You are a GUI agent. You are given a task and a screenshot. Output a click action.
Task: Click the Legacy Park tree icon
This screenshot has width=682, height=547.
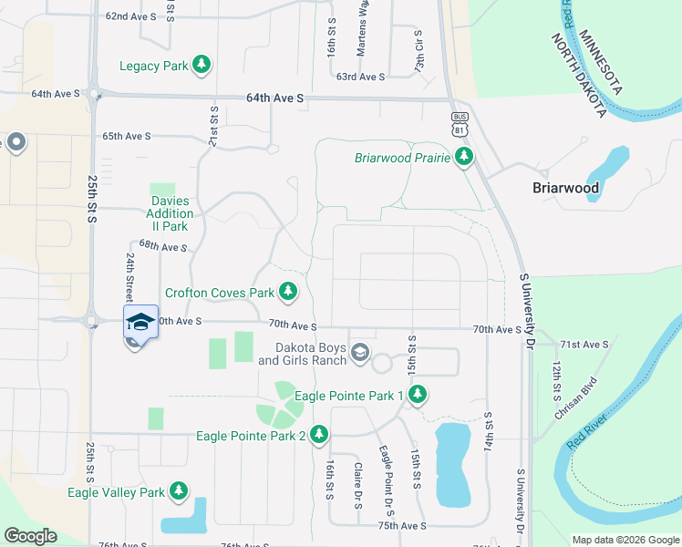click(x=201, y=66)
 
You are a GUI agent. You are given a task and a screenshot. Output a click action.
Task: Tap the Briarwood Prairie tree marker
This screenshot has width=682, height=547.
click(x=464, y=158)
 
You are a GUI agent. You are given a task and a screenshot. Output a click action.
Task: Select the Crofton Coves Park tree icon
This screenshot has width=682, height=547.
click(x=288, y=293)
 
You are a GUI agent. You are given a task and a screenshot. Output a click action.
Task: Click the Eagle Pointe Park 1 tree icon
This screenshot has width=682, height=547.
click(x=418, y=395)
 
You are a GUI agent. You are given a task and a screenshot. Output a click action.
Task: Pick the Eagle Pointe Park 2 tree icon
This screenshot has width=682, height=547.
click(x=319, y=435)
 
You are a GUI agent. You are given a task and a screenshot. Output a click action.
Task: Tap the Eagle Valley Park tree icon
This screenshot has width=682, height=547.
click(x=179, y=492)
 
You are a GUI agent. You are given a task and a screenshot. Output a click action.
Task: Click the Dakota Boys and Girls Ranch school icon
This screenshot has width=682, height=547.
click(x=360, y=353)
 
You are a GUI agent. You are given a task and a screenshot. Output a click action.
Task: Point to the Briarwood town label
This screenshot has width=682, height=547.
click(x=565, y=189)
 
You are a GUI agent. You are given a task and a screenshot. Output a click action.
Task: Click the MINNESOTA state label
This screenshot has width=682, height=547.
click(x=599, y=54)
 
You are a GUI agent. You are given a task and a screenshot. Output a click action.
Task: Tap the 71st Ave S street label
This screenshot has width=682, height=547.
click(x=584, y=344)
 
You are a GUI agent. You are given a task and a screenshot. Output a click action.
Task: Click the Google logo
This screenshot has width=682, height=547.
click(x=30, y=536)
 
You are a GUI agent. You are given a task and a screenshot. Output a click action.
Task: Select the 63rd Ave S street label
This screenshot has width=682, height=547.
click(x=360, y=77)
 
